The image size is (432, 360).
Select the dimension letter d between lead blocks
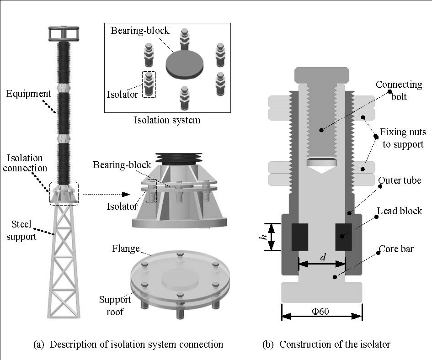(x=323, y=258)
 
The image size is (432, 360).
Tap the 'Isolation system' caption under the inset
(x=167, y=121)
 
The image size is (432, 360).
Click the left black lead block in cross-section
(x=300, y=237)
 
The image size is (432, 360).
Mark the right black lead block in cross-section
(x=343, y=237)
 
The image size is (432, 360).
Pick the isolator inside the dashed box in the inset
(x=149, y=85)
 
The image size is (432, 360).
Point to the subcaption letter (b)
(x=268, y=344)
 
